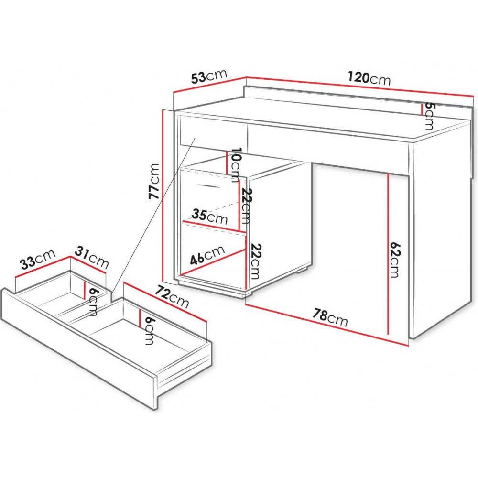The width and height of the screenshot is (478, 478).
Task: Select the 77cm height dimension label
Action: [154, 181]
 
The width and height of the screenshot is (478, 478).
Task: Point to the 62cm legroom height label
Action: [395, 260]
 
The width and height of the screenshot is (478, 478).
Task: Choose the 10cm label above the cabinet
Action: [236, 164]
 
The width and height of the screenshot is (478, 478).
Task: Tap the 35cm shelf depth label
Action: [210, 216]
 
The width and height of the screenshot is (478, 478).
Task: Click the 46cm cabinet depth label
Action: [207, 255]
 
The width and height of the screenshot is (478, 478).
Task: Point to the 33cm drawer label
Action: [38, 260]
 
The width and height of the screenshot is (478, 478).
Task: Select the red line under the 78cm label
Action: [326, 325]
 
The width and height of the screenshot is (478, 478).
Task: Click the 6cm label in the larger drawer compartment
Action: [149, 331]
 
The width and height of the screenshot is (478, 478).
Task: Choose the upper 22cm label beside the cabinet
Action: [246, 206]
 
